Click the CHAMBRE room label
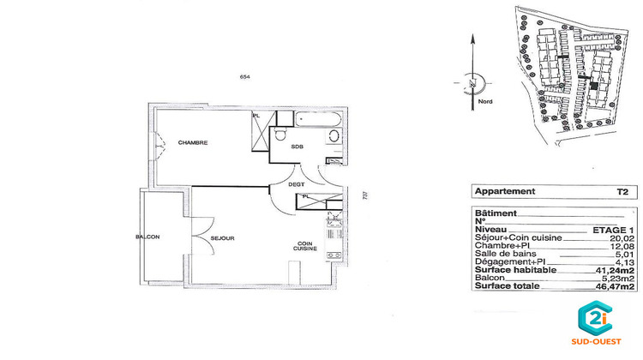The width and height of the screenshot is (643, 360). coord(193,142)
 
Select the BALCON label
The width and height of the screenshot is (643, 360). coord(147,237)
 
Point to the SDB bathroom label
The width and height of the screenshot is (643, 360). coord(297,147)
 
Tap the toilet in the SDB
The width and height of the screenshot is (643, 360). coord(281,136)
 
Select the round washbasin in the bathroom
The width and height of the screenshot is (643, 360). coord(334,136)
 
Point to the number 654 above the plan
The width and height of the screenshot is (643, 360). coord(244,78)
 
